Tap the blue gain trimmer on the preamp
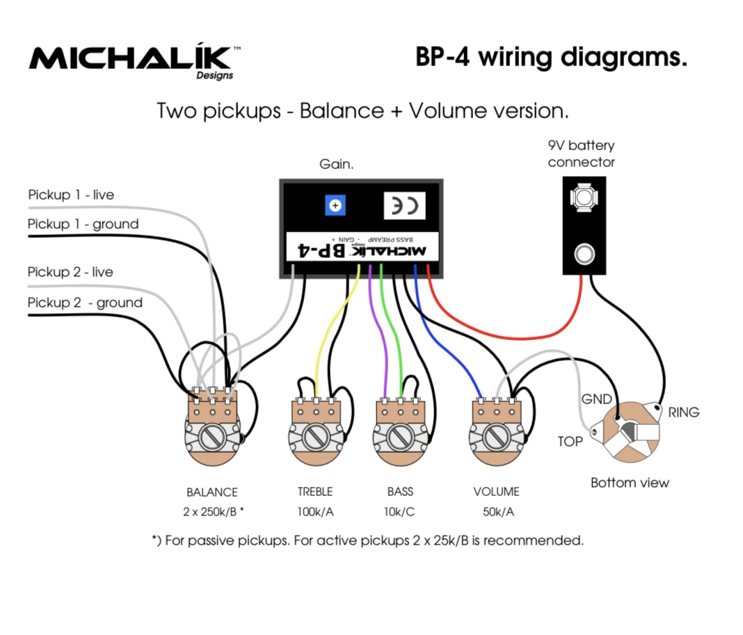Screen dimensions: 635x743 point(335,205)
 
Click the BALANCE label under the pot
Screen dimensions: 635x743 point(211,492)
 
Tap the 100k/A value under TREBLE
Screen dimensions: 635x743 point(315,513)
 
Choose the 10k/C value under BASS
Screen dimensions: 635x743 point(400,513)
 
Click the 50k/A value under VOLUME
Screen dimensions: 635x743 point(497,513)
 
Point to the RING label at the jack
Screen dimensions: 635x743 point(683,412)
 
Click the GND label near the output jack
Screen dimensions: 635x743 point(596,399)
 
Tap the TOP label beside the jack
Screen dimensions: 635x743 point(570,441)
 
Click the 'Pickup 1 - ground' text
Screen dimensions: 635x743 point(83,224)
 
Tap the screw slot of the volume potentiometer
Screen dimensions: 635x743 point(495,437)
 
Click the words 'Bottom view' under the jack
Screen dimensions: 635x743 point(630,483)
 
